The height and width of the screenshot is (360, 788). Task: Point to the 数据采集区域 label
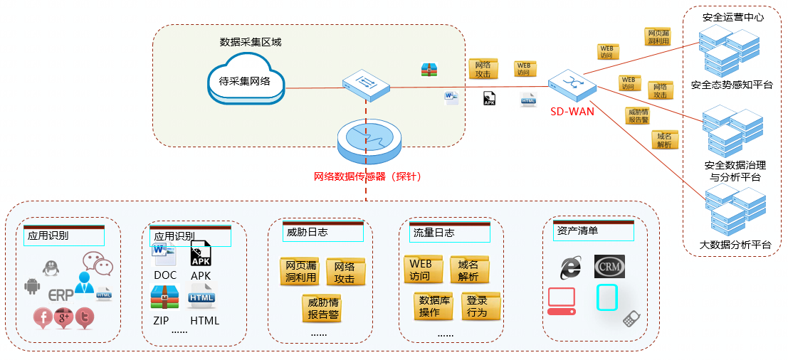tap(251, 42)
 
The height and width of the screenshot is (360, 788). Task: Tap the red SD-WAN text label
tap(572, 110)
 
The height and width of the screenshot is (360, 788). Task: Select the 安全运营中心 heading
tap(732, 17)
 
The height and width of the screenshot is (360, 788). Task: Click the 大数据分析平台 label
tap(735, 245)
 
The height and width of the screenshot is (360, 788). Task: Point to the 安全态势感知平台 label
tap(732, 85)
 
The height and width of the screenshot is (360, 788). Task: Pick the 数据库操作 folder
tap(434, 306)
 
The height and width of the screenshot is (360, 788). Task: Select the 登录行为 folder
tap(480, 306)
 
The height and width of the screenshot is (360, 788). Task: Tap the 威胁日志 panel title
tap(307, 233)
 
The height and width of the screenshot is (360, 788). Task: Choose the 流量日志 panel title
tap(434, 233)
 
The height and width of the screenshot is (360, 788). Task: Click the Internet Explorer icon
tap(570, 266)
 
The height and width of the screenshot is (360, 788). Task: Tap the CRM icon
tap(609, 266)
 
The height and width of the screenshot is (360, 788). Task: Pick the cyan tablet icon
tap(606, 297)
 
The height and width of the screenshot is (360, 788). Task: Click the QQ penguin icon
tap(49, 268)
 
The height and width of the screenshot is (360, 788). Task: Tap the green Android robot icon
tap(32, 286)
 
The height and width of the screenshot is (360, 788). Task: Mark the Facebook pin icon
tap(43, 317)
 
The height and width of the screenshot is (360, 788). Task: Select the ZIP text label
tap(161, 321)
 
